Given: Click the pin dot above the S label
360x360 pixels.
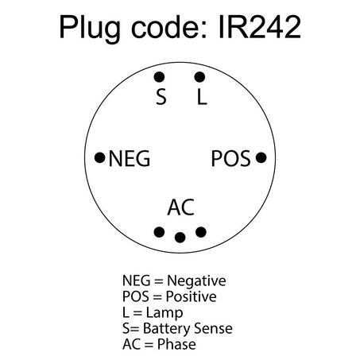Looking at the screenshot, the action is tap(159, 77).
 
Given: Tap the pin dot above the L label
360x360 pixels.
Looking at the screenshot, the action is tap(199, 77).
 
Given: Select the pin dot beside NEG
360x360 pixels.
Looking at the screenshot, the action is tap(100, 158).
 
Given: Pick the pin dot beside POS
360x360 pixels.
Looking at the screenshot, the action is tap(261, 157).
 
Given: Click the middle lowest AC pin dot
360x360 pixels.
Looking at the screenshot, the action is tap(180, 238).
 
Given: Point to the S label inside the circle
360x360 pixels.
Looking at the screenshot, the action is tap(161, 97).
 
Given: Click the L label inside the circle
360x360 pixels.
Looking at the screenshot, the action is tap(202, 97).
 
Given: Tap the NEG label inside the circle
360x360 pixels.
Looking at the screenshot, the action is tap(130, 158).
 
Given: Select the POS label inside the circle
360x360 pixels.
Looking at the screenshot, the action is tap(230, 158).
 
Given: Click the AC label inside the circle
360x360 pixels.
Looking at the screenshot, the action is tap(181, 207).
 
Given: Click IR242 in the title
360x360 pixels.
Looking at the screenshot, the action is tap(260, 27).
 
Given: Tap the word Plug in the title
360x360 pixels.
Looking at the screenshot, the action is tap(90, 29).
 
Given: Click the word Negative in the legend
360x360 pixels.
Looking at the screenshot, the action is tap(196, 281).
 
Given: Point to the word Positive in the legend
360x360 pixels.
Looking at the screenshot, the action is tap(191, 296).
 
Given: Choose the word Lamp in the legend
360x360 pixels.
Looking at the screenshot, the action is tap(165, 313).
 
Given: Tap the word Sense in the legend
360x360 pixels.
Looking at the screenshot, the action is tap(213, 328).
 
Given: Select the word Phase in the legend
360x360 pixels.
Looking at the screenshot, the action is tap(176, 344).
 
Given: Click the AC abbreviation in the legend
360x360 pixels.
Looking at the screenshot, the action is tap(131, 344).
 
